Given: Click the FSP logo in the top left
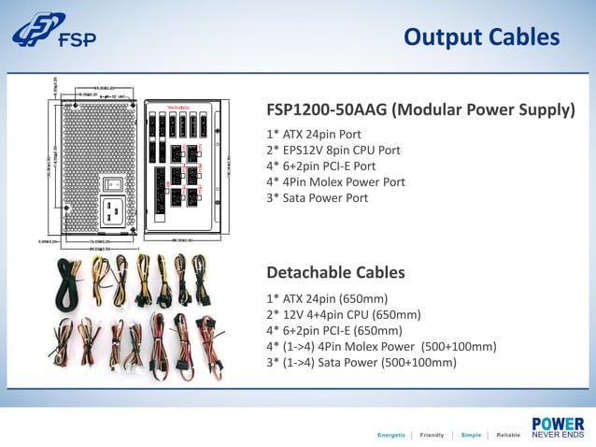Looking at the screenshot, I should click(x=53, y=35).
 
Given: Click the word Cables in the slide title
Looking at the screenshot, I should click(x=525, y=36).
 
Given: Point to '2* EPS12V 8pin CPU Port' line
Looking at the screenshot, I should click(x=333, y=151).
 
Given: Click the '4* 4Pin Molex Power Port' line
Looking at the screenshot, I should click(x=336, y=182).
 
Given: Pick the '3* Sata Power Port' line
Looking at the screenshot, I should click(x=318, y=198).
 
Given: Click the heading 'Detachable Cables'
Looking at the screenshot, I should click(x=335, y=273).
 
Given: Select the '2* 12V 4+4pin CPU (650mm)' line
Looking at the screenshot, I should click(x=344, y=314).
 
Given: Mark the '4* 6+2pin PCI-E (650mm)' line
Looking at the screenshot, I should click(x=334, y=330).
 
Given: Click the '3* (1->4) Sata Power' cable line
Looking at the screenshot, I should click(x=362, y=362).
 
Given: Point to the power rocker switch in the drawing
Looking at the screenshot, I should click(x=116, y=184).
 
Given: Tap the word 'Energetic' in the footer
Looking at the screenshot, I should click(x=390, y=435).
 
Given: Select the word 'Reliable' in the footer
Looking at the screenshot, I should click(x=508, y=435).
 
